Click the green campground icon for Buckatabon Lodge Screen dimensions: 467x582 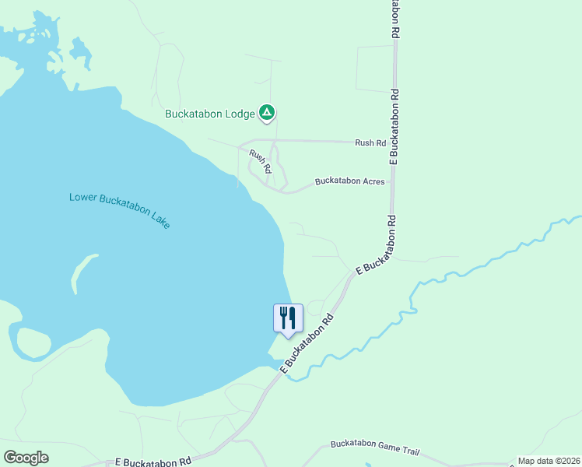tap(267, 114)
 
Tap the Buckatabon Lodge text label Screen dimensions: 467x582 tap(210, 114)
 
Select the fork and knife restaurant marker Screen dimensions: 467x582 tap(288, 318)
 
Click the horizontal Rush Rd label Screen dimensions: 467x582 tap(370, 143)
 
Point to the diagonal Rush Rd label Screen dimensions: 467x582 tap(261, 160)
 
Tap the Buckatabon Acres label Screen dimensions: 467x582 tap(349, 181)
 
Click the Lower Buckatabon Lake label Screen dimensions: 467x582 tap(119, 209)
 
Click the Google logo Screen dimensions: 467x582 tap(26, 458)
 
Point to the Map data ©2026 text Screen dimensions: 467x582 tap(549, 461)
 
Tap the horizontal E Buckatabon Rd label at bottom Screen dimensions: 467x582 tap(153, 462)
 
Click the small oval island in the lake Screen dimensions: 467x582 tap(32, 343)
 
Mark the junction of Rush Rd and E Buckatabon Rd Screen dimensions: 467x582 tap(394, 143)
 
